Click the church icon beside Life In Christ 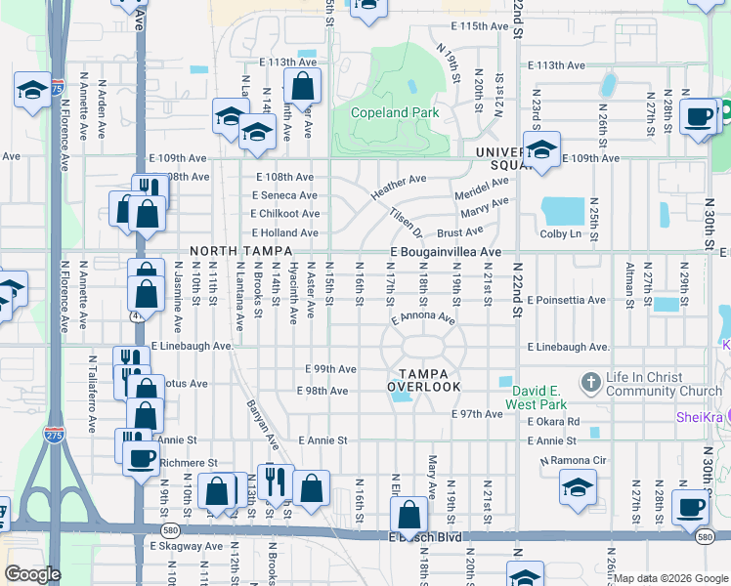[x=589, y=380]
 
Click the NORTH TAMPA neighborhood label [x=229, y=252]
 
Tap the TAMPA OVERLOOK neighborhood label [x=423, y=380]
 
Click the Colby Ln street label [x=561, y=233]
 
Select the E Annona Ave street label [x=423, y=318]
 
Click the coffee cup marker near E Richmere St [x=141, y=457]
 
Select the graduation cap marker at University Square [x=540, y=149]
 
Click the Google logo [x=32, y=574]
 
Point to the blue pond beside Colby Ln [x=560, y=210]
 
